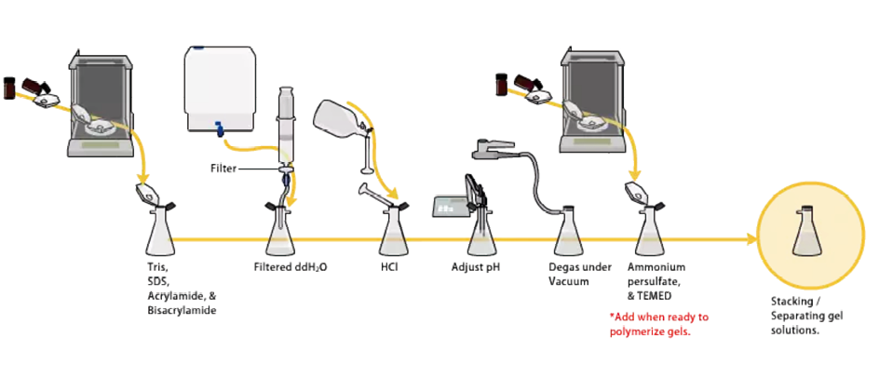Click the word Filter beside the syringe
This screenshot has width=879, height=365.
[x=223, y=168]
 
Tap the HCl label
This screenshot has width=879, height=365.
[x=389, y=267]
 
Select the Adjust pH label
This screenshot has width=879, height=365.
[x=476, y=267]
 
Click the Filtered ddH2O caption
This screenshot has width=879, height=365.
[x=290, y=267]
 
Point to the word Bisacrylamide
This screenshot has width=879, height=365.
[x=182, y=310]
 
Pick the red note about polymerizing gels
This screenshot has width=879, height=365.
[x=658, y=324]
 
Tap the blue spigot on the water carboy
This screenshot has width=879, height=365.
[x=220, y=128]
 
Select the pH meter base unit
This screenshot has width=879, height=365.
[x=449, y=206]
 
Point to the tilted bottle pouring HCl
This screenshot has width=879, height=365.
[x=340, y=119]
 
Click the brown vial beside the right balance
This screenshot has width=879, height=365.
[x=501, y=84]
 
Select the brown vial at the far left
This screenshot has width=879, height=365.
[x=9, y=88]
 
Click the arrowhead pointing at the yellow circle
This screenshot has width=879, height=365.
[x=751, y=240]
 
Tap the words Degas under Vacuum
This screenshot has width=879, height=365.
[x=580, y=274]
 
